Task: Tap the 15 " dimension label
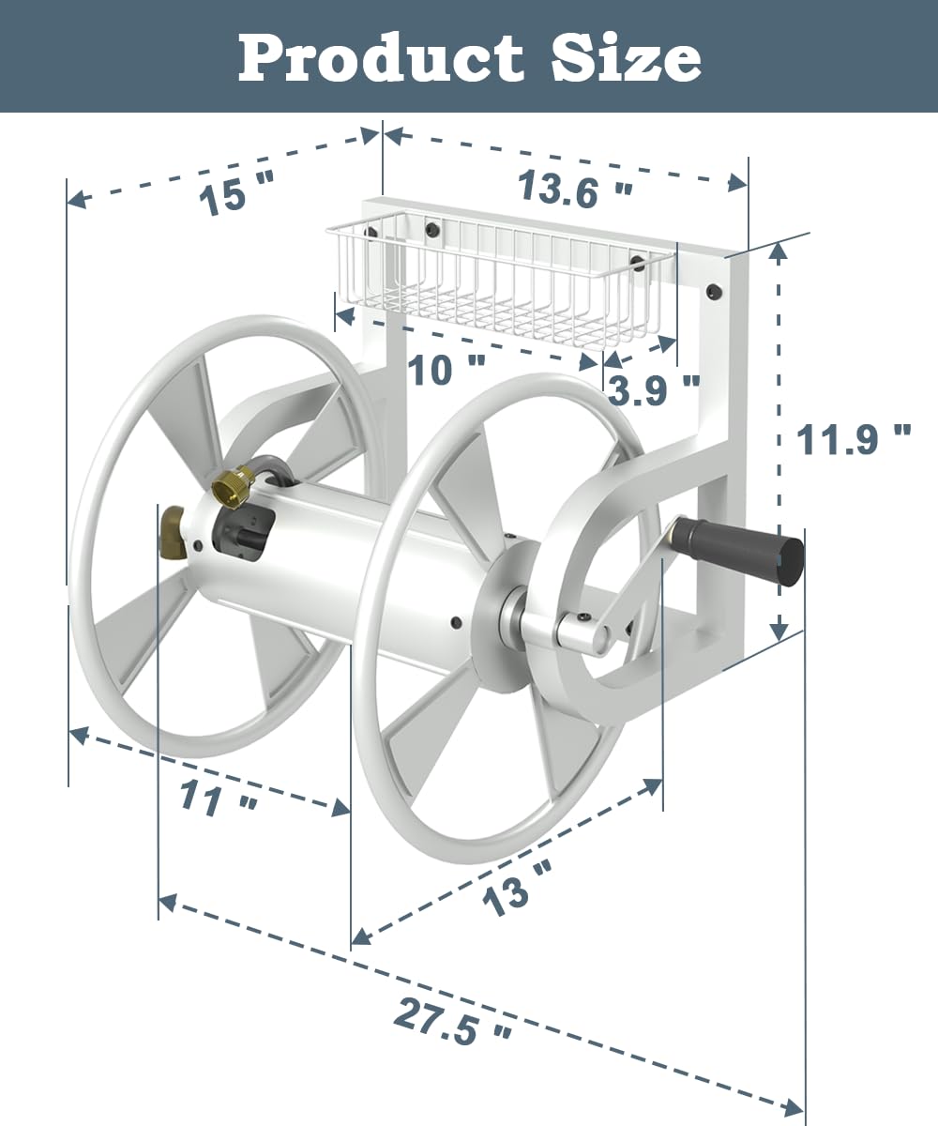234,194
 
